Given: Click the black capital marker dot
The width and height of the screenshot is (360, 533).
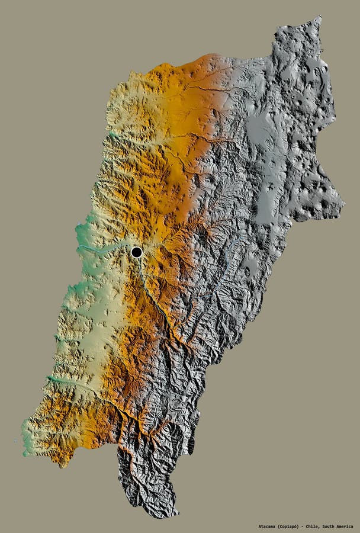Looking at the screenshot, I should (136, 252).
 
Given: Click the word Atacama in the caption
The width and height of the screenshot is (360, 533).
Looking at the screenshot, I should (269, 526).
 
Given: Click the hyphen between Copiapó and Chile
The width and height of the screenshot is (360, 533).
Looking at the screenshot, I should (310, 526).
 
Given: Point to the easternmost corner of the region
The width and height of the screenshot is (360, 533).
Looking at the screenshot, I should (344, 205).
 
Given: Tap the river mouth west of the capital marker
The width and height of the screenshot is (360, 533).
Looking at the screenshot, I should (79, 245).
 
